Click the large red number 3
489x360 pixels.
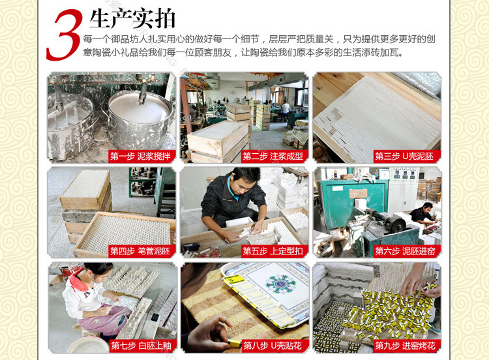coord(65,35)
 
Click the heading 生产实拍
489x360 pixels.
coord(132,20)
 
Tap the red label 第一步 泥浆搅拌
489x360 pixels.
coord(140,156)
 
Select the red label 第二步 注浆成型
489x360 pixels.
coord(273,156)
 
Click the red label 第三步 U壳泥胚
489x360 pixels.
coord(404,156)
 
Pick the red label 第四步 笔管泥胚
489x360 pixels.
coord(140,251)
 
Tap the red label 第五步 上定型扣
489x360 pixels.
coord(273,251)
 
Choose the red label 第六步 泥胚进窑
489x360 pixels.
coord(405,251)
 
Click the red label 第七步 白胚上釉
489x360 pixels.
coord(141,346)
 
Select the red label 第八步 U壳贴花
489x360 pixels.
coord(273,346)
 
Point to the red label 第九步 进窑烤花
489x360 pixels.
coord(405,346)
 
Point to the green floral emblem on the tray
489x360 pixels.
coord(280,284)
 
